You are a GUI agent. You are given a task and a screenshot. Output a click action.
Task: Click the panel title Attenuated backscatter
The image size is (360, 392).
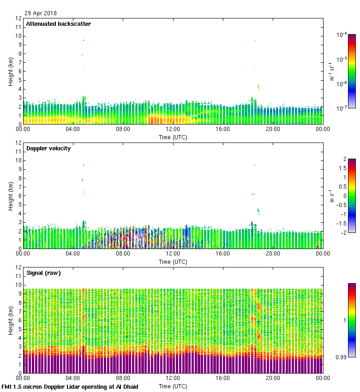click(x=58, y=24)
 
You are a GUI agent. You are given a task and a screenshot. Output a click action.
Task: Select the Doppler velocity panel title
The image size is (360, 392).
click(x=48, y=148)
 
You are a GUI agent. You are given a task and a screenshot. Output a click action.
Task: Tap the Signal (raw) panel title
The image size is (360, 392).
click(x=43, y=273)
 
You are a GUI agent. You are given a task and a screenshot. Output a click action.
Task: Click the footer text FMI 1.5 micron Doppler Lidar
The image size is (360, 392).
click(x=70, y=386)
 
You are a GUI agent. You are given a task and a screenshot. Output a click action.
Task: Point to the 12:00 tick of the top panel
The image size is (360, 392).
click(x=173, y=130)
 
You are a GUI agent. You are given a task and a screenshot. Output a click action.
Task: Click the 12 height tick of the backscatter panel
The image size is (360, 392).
click(x=19, y=18)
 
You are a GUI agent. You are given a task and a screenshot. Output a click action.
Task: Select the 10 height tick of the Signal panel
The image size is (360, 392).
click(x=19, y=285)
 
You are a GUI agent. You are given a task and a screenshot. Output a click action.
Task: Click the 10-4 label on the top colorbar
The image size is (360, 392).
click(x=342, y=35)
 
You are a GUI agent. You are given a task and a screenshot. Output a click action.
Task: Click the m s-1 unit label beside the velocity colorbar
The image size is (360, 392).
click(x=332, y=196)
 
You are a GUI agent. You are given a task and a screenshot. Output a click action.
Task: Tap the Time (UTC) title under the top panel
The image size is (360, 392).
click(x=173, y=137)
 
